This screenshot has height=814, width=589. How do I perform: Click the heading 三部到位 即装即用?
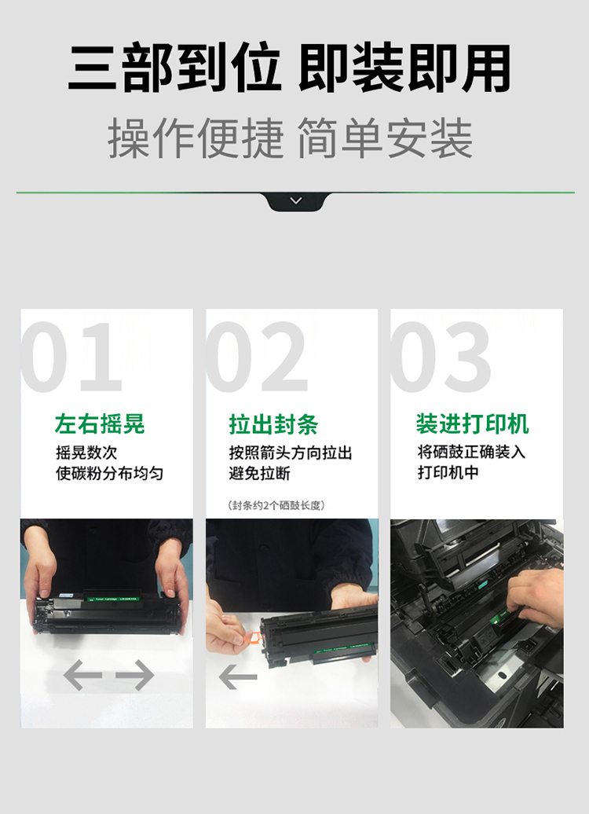tap(290, 68)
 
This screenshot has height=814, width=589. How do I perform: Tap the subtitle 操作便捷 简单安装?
tap(290, 137)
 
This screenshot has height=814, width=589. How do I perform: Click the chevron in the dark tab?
tap(296, 200)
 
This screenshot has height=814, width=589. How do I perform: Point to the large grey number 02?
tap(257, 357)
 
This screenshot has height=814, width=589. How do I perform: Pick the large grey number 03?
tap(441, 357)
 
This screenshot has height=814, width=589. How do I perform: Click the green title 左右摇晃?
tap(100, 424)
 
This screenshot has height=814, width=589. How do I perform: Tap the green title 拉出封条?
tap(273, 424)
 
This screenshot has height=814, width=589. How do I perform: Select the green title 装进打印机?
tap(472, 423)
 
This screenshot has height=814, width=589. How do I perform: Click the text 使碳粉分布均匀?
tap(109, 473)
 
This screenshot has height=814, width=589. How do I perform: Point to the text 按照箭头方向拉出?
tap(291, 453)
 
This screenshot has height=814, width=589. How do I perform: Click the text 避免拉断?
tap(259, 473)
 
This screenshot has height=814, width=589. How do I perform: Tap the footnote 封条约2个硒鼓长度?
tap(276, 505)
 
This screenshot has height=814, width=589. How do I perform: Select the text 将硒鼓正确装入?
tap(472, 452)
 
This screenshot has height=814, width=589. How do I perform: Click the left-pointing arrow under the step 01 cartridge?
tap(82, 675)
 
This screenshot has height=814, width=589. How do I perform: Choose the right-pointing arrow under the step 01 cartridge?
tap(135, 675)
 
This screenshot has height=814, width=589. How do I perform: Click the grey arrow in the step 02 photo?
tap(238, 677)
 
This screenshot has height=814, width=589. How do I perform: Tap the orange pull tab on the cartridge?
tap(254, 637)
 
